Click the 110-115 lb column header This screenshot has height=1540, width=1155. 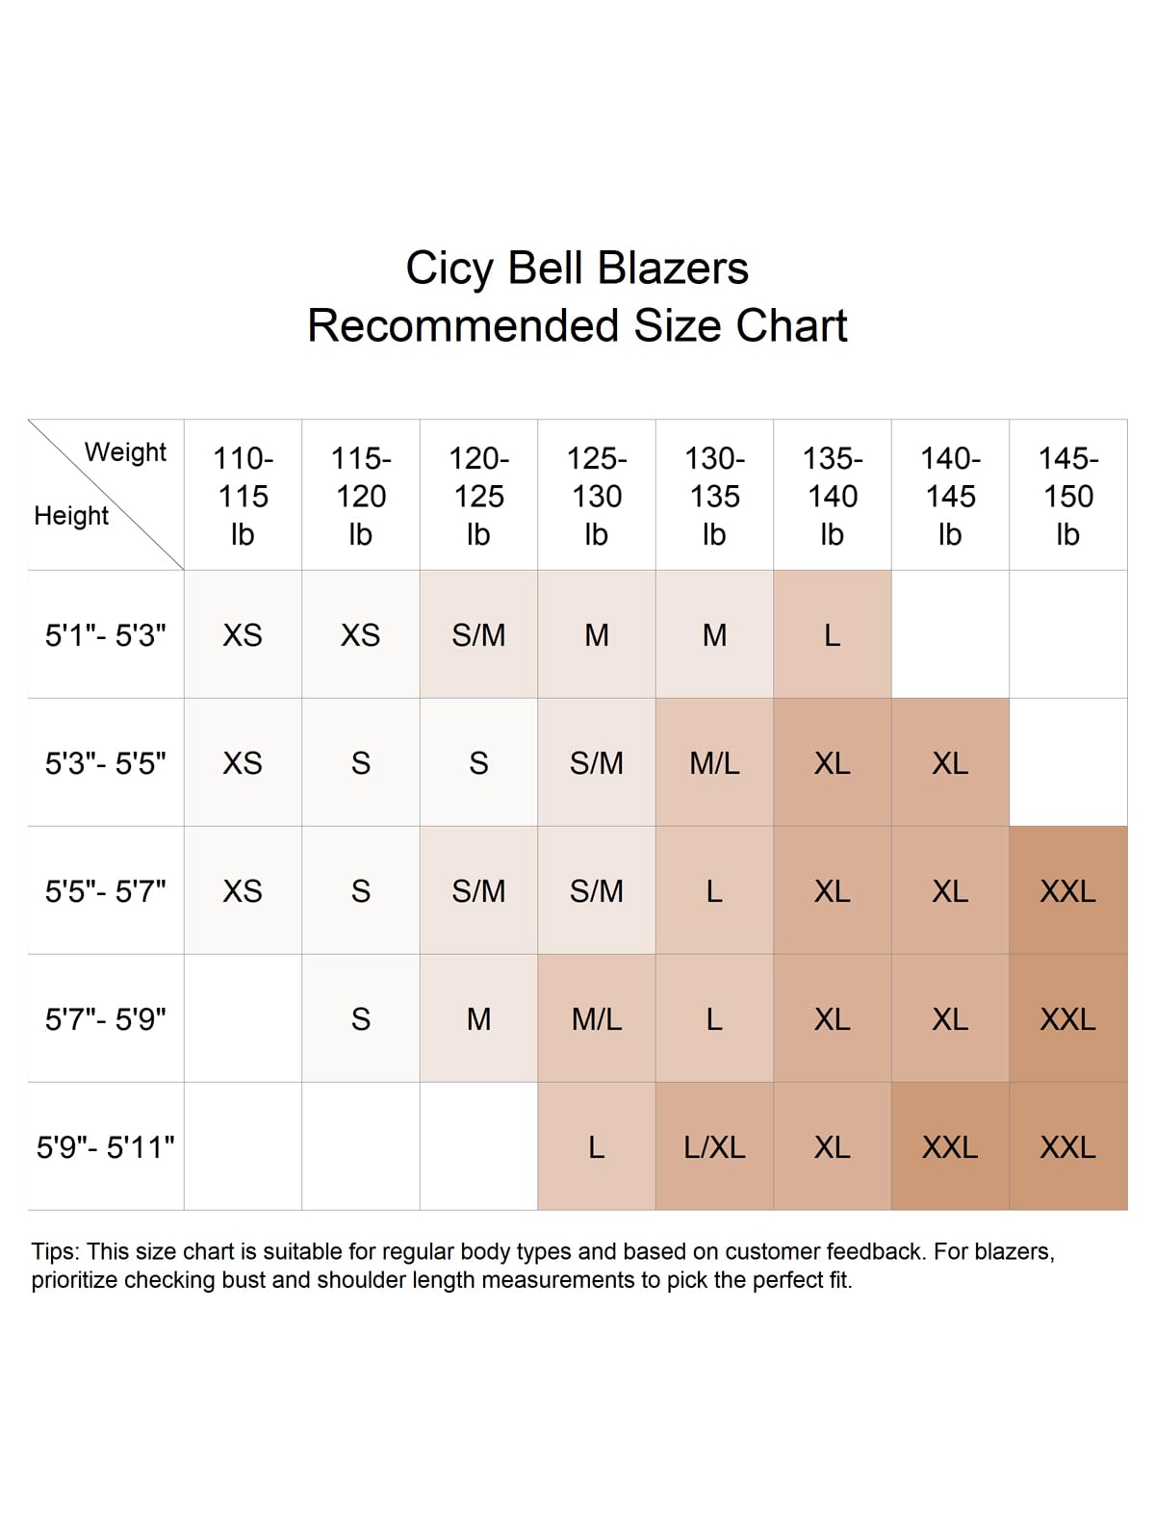coord(243,496)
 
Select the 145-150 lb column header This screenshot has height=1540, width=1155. coord(1067,496)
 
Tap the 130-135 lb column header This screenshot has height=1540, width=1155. coord(714,496)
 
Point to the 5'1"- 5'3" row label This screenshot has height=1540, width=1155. coord(106,635)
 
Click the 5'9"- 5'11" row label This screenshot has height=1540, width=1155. coord(106,1147)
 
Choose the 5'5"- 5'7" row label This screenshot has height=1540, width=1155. coord(106,891)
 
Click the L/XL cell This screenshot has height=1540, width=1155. coord(714,1147)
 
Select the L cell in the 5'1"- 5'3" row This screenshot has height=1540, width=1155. coord(832,635)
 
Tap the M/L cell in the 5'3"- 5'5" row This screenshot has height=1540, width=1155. coord(714,763)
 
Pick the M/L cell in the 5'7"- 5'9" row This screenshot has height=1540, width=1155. coord(597,1019)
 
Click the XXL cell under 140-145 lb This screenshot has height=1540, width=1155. coord(950,1147)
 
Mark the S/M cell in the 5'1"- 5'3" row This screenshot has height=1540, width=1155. coord(478,635)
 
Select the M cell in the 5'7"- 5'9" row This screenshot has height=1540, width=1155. coord(478,1019)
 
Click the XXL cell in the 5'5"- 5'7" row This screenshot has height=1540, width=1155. coord(1067,891)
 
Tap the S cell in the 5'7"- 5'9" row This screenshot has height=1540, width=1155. coord(361,1019)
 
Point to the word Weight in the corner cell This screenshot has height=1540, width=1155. coord(125,452)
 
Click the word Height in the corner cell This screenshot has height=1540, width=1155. coord(71,516)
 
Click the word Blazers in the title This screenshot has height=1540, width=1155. coord(673,269)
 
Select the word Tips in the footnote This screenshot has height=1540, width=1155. coord(54,1251)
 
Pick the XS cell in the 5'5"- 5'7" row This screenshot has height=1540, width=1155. coord(243,891)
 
